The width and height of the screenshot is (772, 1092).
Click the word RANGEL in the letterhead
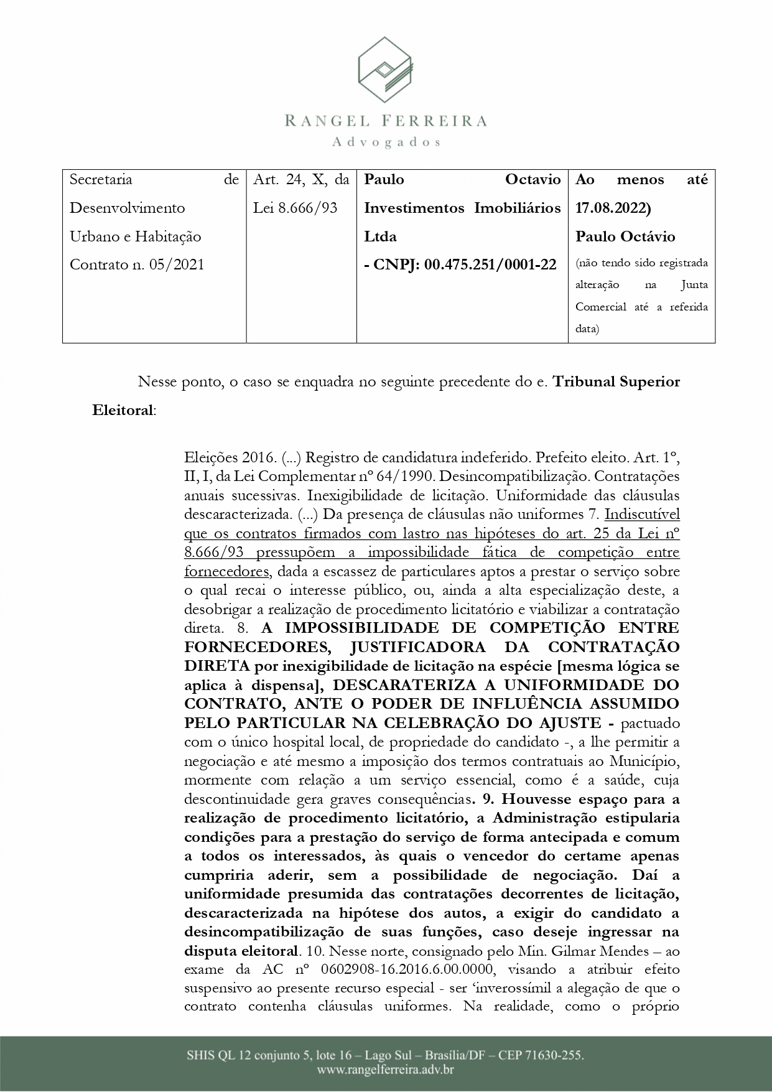tap(328, 121)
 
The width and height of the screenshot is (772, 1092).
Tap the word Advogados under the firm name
tap(386, 142)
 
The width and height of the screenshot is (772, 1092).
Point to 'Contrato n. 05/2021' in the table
tap(137, 264)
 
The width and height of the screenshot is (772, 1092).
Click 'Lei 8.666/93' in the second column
tap(295, 208)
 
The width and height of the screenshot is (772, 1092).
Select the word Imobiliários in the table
tap(518, 208)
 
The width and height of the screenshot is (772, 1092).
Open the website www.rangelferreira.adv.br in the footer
tap(386, 1070)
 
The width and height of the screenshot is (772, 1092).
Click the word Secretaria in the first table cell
tap(101, 180)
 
